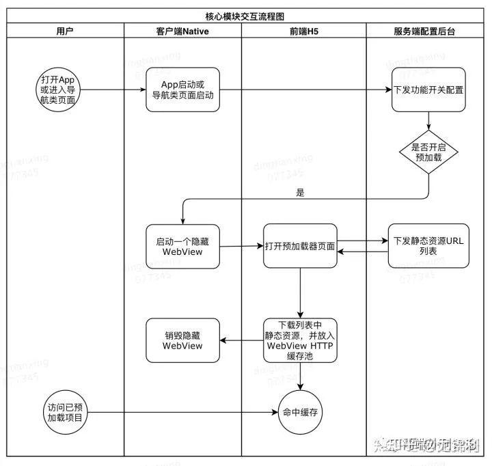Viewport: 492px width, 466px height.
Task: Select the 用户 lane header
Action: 66,31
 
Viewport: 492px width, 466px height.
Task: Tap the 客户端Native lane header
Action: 182,31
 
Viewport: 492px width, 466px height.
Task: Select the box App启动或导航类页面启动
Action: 182,90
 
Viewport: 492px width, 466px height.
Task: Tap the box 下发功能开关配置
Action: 429,90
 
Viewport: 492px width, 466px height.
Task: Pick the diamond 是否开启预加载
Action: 428,151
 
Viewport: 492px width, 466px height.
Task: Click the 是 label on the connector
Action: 300,193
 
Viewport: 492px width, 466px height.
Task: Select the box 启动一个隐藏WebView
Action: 182,246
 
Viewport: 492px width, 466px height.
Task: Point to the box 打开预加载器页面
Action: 300,246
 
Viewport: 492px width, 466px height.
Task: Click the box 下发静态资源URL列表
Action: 428,246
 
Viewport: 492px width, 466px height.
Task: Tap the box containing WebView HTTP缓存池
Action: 300,340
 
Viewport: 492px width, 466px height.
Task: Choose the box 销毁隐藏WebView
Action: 182,340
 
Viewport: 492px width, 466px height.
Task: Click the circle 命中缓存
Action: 300,413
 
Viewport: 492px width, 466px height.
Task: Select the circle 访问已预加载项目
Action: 66,413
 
